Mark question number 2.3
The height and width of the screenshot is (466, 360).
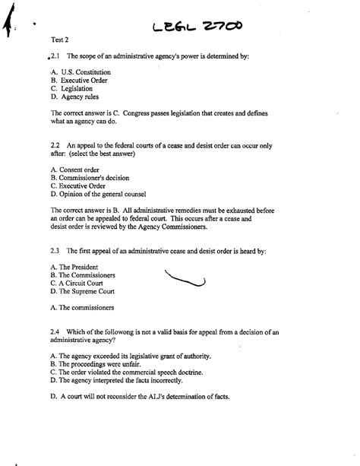click(55, 250)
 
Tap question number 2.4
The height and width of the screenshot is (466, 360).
click(55, 331)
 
